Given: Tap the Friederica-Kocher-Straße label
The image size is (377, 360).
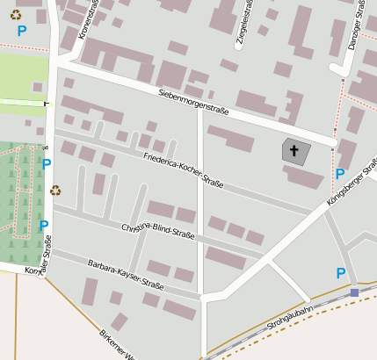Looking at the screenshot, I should pos(183,170).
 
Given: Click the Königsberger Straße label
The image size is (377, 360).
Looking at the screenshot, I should pos(351,182).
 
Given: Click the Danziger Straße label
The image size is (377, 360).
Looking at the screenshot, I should pos(355,25).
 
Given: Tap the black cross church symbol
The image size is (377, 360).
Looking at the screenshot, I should pos(294,151).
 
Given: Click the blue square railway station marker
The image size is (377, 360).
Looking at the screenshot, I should pos(354,292).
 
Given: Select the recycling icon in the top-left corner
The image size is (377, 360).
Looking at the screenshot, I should pos(15,13).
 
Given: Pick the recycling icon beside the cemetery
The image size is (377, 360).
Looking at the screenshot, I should pos(55,190).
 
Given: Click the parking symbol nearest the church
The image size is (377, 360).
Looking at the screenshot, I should pos(340,174).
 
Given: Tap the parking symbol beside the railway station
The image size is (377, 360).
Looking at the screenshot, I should pos(341,273).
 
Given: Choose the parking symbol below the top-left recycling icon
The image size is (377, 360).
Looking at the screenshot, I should pos(22,31).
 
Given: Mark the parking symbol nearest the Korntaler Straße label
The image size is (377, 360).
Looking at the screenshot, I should pos(44,225).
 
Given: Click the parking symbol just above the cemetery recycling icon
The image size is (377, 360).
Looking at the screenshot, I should pos(47,163).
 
